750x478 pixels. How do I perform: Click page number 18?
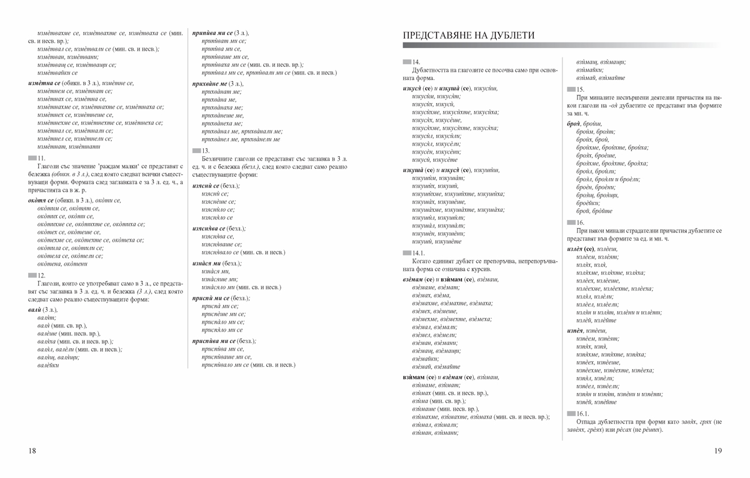[32, 451]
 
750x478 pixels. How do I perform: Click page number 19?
[717, 451]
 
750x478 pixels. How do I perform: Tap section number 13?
[206, 151]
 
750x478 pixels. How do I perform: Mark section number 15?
[580, 90]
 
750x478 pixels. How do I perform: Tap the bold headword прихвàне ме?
[209, 83]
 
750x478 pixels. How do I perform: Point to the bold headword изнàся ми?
[207, 264]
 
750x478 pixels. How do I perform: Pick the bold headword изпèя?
[576, 330]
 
